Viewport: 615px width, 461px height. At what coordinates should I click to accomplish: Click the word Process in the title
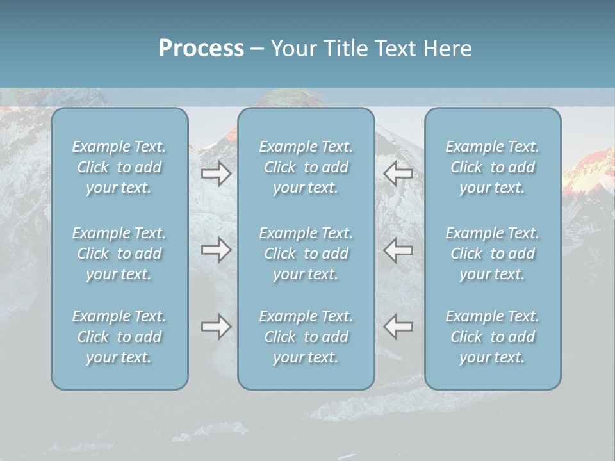(201, 49)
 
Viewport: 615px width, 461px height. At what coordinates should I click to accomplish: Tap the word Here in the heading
(448, 49)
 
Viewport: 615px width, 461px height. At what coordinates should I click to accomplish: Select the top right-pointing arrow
(216, 174)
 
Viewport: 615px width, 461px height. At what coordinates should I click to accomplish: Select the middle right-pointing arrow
(216, 250)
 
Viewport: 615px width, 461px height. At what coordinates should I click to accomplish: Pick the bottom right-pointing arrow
(216, 327)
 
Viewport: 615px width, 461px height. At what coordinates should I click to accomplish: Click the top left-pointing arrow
(398, 174)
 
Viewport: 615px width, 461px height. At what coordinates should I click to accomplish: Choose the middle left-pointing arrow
(398, 250)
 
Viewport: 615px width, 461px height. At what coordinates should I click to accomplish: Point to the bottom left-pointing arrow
(398, 327)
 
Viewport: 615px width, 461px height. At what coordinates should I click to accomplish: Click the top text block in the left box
(119, 167)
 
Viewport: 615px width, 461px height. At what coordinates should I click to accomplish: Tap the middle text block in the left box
(119, 254)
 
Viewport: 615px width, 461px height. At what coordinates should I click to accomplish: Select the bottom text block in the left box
(119, 337)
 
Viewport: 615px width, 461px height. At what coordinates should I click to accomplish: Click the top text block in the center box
(306, 167)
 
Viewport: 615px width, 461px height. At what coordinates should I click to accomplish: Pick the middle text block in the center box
(306, 254)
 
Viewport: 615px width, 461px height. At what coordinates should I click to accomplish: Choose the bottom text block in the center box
(306, 337)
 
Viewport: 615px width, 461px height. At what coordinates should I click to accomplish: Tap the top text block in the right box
(493, 167)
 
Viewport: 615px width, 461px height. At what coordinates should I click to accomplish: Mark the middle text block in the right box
(493, 254)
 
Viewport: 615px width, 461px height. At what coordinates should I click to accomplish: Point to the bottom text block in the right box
(493, 337)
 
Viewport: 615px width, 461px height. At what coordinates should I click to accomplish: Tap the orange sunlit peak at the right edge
(590, 168)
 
